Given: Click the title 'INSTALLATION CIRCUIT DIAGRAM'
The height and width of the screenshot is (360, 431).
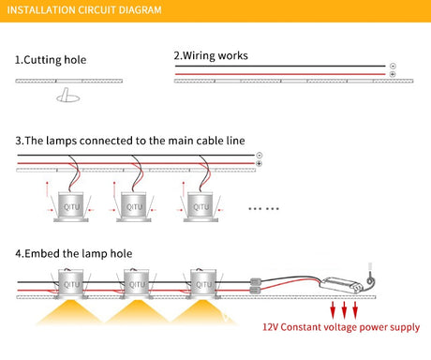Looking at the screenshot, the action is click(x=84, y=10).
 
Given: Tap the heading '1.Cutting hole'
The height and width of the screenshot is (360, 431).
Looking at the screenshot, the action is click(x=51, y=60).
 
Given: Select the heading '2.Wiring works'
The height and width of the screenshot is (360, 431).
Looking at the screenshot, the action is click(x=211, y=55).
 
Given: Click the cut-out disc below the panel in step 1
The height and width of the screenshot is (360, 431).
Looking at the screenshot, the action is click(x=67, y=98).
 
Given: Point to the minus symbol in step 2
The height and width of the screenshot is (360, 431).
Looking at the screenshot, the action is click(x=393, y=66).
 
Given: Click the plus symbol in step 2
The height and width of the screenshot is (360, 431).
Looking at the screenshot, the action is click(x=393, y=74).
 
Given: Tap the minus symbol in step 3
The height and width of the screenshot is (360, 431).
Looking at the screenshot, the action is click(x=259, y=155).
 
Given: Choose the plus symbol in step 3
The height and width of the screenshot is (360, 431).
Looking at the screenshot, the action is click(x=259, y=163).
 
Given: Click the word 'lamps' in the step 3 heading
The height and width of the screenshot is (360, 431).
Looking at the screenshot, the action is click(x=61, y=141).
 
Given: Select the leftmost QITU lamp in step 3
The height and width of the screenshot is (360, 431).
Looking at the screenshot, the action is click(x=71, y=206).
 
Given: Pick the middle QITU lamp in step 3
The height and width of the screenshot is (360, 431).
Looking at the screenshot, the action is click(x=134, y=206).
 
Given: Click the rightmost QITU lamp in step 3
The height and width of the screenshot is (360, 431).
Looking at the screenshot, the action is click(x=201, y=206).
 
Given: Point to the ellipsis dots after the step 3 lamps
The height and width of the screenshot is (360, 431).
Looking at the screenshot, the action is click(x=263, y=208).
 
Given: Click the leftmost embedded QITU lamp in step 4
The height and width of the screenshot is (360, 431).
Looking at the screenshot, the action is click(x=71, y=284).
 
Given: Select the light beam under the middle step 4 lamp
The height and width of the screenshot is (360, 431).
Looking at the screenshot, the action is click(x=137, y=311).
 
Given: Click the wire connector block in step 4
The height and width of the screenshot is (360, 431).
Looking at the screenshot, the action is click(x=255, y=286).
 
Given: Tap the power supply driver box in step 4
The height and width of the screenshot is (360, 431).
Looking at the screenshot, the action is click(x=341, y=285).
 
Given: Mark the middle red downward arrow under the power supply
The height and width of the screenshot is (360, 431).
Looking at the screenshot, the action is click(x=344, y=310).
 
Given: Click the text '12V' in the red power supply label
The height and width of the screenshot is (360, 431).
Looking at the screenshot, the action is click(x=270, y=327).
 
